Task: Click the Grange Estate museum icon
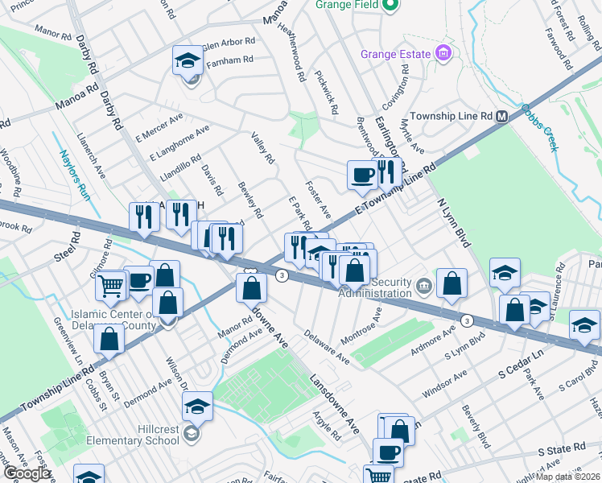tap(442, 53)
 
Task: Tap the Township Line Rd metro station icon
tap(501, 116)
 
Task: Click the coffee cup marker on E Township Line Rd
tap(362, 174)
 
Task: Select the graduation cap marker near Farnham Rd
tap(187, 60)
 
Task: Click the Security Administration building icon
tap(424, 284)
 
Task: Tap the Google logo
tap(26, 473)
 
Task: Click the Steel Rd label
tap(68, 246)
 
